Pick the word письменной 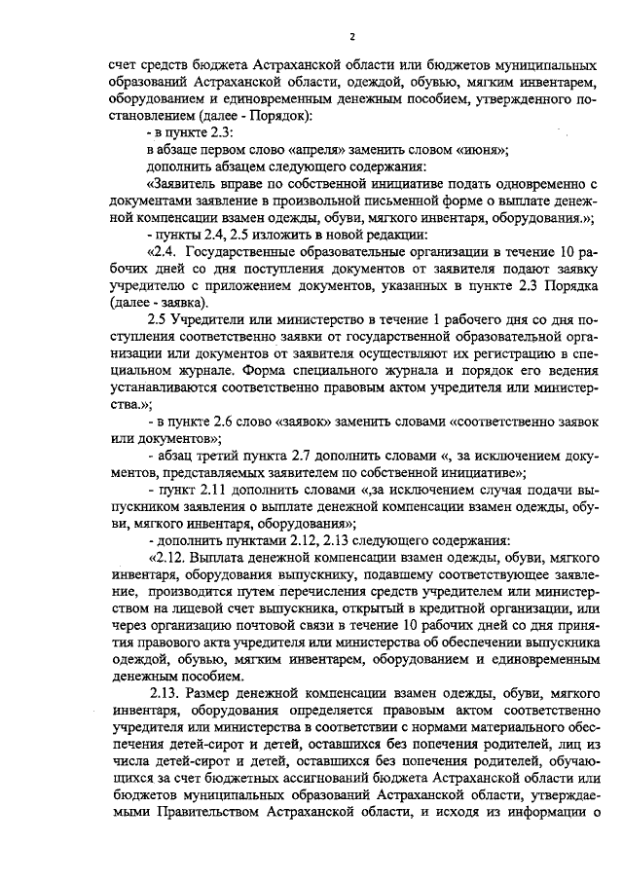396,201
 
